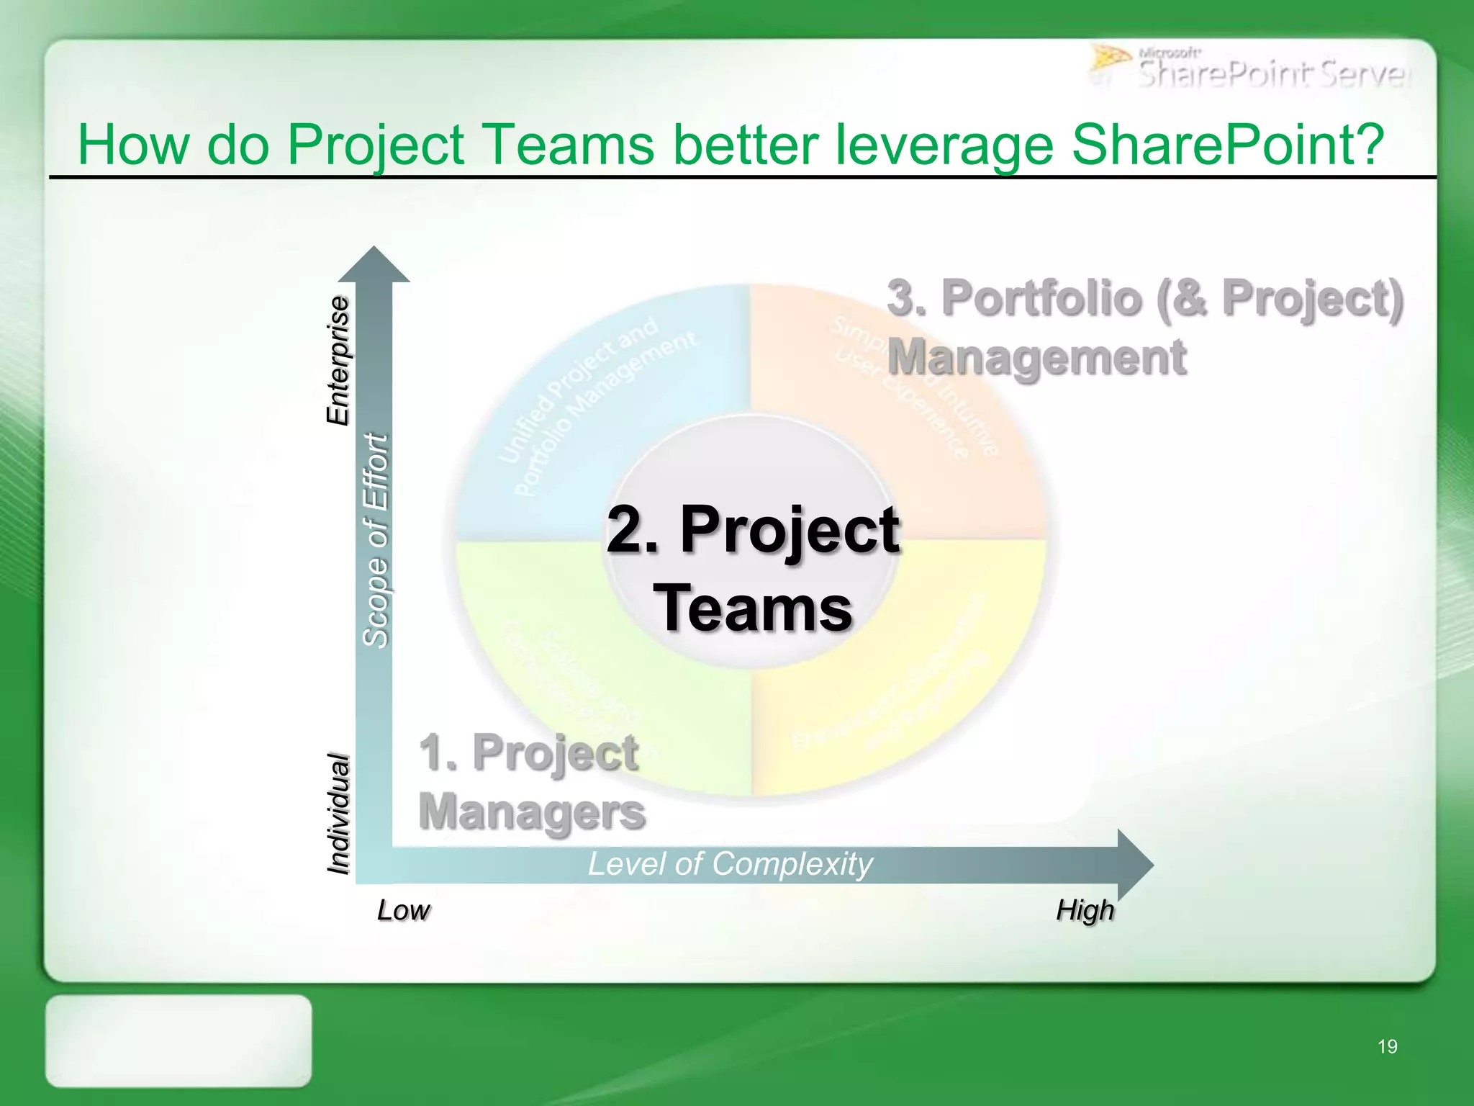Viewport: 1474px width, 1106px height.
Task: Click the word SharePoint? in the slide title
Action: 1227,144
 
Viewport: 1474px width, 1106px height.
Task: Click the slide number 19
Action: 1387,1046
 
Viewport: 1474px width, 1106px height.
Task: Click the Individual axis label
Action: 338,814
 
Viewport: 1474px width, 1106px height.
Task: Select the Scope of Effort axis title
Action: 375,540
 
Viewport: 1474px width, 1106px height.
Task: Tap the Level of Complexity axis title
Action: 730,863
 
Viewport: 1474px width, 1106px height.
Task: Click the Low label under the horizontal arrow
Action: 403,911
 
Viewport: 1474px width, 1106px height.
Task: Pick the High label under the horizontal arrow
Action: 1085,911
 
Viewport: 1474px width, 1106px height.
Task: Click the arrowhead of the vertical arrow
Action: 374,265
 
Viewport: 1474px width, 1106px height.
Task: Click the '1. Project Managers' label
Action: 531,781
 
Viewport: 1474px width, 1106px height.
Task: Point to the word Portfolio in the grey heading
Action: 1041,297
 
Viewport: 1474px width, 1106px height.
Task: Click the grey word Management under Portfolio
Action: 1036,356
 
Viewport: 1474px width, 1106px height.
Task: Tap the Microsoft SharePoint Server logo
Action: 1249,68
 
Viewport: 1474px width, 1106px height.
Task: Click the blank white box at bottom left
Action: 178,1040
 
